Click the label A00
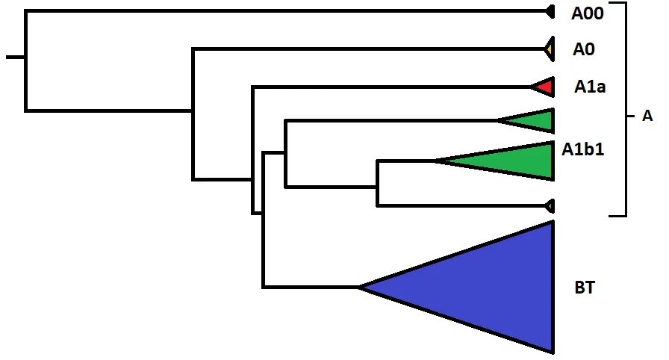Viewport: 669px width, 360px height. pyautogui.click(x=588, y=13)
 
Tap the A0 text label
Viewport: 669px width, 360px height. pyautogui.click(x=584, y=49)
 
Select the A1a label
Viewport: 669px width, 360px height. pyautogui.click(x=590, y=87)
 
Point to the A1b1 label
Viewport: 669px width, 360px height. pyautogui.click(x=583, y=149)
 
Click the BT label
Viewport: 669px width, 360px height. pyautogui.click(x=585, y=288)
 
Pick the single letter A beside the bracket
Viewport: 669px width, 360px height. pyautogui.click(x=647, y=116)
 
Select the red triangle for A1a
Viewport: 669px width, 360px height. pyautogui.click(x=545, y=87)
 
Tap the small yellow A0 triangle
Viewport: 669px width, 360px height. pyautogui.click(x=550, y=49)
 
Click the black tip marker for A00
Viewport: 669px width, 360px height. pyautogui.click(x=551, y=12)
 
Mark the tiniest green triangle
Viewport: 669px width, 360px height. pyautogui.click(x=550, y=206)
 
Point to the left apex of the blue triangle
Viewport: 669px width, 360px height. pyautogui.click(x=358, y=287)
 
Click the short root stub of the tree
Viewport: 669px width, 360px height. pyautogui.click(x=16, y=57)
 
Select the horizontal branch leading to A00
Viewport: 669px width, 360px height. pyautogui.click(x=286, y=11)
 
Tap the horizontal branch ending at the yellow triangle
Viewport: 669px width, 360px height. pyautogui.click(x=369, y=49)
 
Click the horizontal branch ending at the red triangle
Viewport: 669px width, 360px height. pyautogui.click(x=392, y=87)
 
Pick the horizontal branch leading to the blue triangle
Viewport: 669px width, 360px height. pyautogui.click(x=311, y=287)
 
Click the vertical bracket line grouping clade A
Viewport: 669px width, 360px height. pyautogui.click(x=626, y=109)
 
